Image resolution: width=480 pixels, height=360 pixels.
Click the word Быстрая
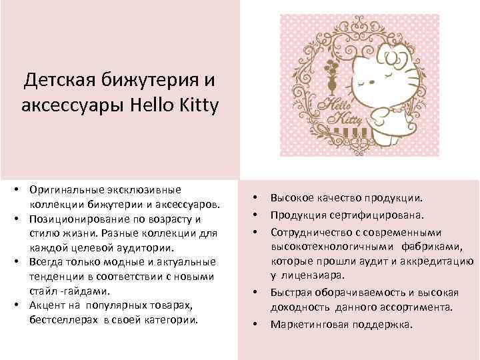(x=290, y=291)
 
